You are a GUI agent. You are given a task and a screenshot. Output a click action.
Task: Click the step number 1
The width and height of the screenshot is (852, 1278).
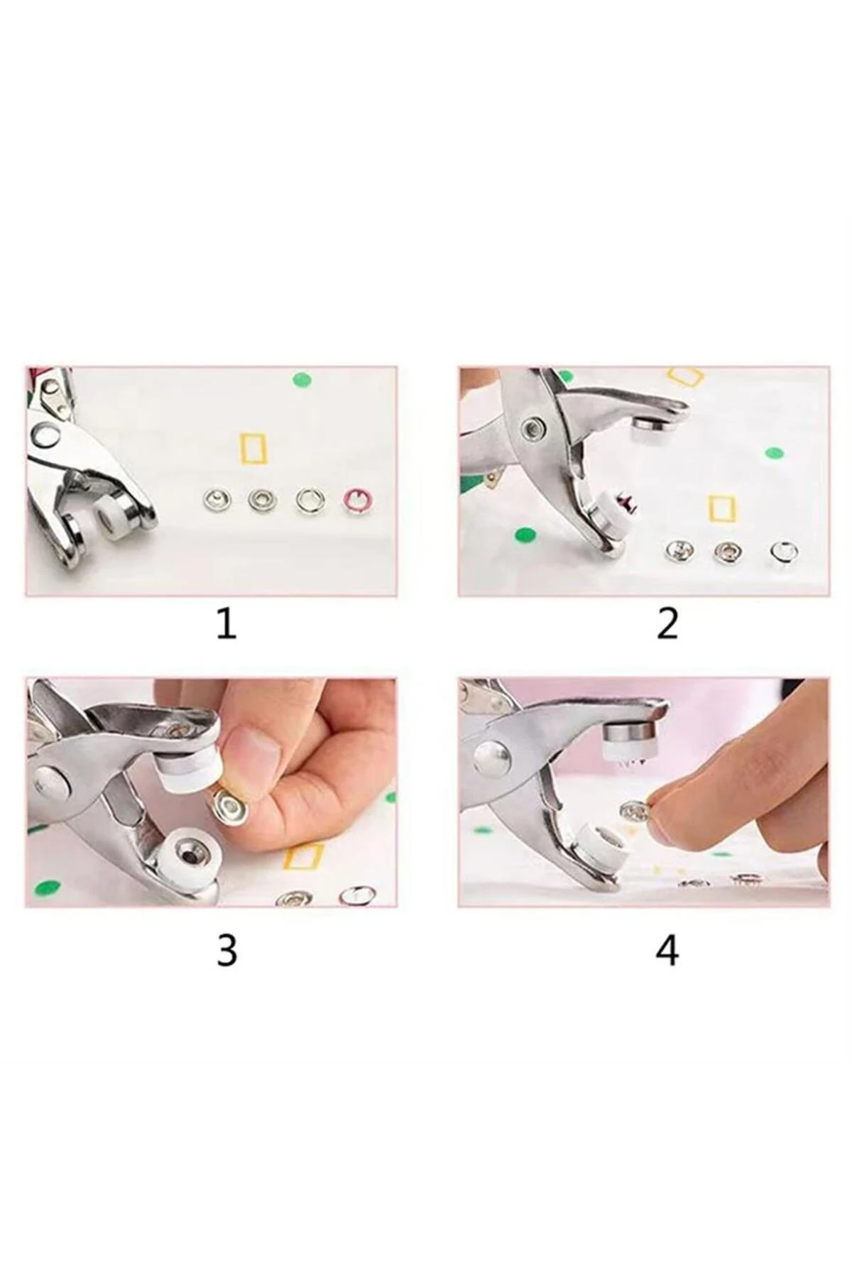[x=226, y=624]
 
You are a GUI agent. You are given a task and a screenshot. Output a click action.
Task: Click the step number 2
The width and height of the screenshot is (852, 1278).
[x=667, y=624]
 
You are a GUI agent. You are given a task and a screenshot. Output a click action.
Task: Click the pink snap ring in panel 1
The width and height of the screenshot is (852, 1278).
[x=357, y=501]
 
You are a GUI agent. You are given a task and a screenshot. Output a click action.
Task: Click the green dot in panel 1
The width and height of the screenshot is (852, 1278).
[x=304, y=379]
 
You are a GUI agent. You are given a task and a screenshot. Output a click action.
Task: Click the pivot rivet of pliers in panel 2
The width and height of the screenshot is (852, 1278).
[x=530, y=428]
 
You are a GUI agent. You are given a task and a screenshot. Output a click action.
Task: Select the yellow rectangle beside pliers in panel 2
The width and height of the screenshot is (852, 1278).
[x=723, y=508]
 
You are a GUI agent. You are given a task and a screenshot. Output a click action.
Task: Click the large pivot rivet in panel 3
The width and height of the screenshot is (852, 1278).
[x=52, y=782]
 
